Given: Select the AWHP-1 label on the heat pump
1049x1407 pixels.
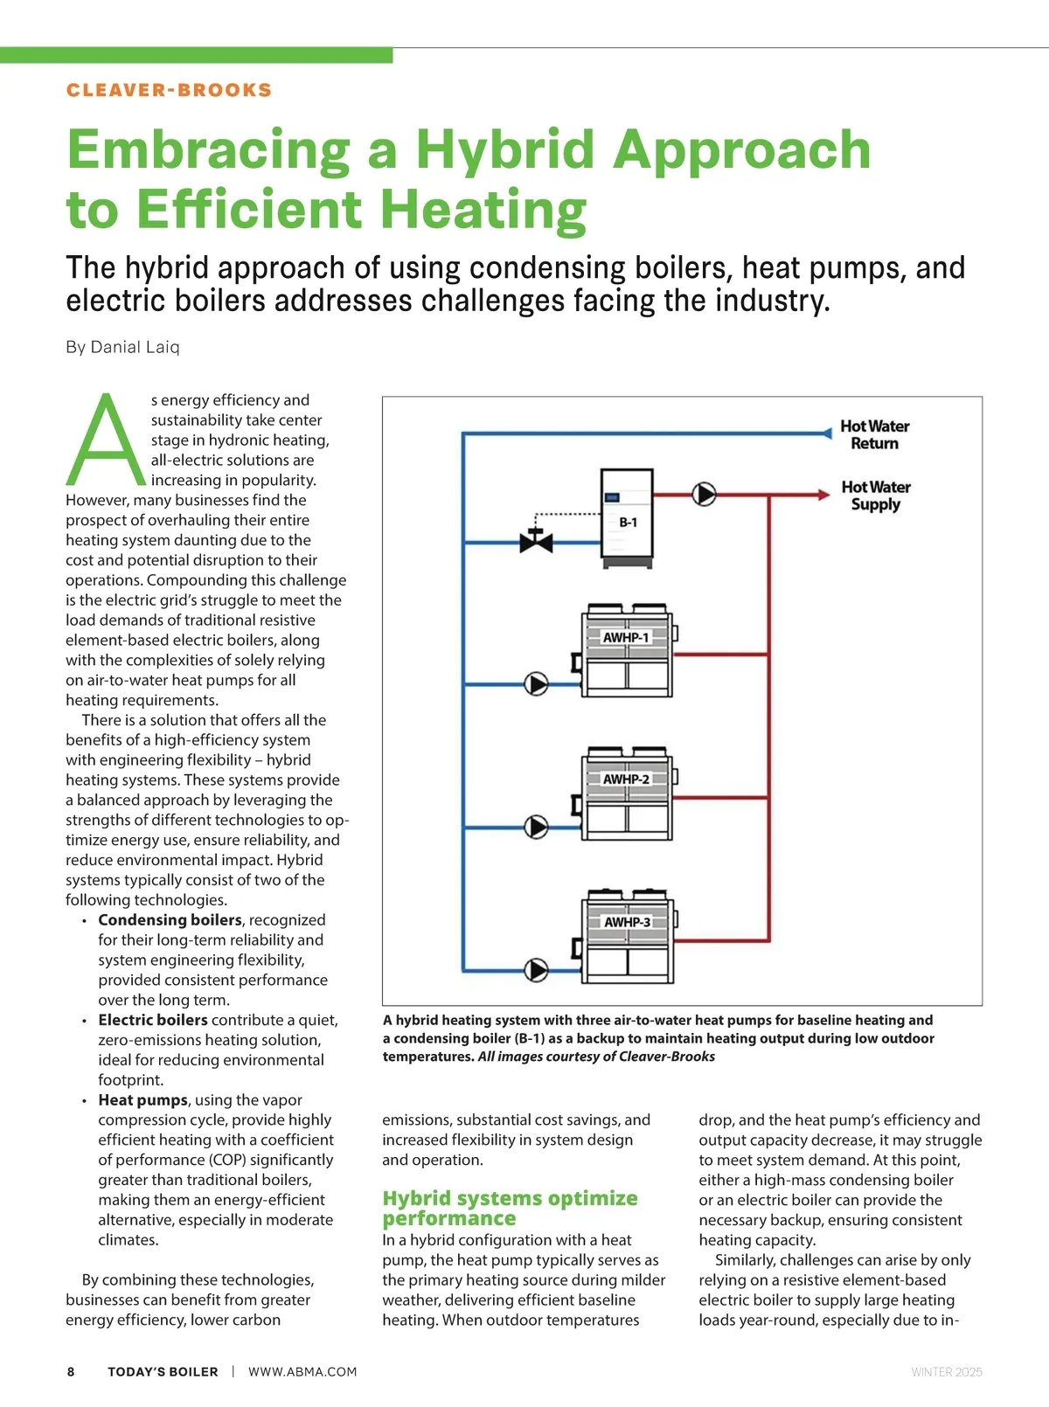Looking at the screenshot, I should coord(626,637).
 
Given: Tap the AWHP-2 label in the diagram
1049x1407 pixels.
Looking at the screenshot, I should coord(626,779).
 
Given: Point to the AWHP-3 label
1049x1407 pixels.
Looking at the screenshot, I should coord(627,922).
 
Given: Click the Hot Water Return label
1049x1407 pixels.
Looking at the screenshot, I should coord(874,434).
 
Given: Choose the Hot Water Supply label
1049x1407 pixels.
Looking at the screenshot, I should coord(875,496).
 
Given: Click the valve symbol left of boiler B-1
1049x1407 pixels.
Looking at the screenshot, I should coord(536,542).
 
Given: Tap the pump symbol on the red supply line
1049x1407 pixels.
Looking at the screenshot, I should coord(704,494).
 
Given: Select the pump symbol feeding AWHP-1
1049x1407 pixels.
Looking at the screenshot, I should coord(536,683).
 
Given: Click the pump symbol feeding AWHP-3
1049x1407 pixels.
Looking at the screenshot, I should coord(536,969).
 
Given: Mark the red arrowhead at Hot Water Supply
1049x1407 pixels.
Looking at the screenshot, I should coord(823,494).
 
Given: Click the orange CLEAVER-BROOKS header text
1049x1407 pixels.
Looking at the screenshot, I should coord(169,90).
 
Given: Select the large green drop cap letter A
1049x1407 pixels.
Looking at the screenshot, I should coord(106,441).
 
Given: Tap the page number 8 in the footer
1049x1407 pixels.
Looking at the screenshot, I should coord(71,1372).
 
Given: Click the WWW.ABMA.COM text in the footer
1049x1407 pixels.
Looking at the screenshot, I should coord(302,1372).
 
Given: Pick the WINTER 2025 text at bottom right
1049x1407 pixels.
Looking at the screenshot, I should coord(946,1372).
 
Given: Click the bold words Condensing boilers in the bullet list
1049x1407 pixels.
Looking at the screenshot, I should coord(170,920).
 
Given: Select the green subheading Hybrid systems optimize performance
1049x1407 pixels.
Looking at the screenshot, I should coord(510,1208).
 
